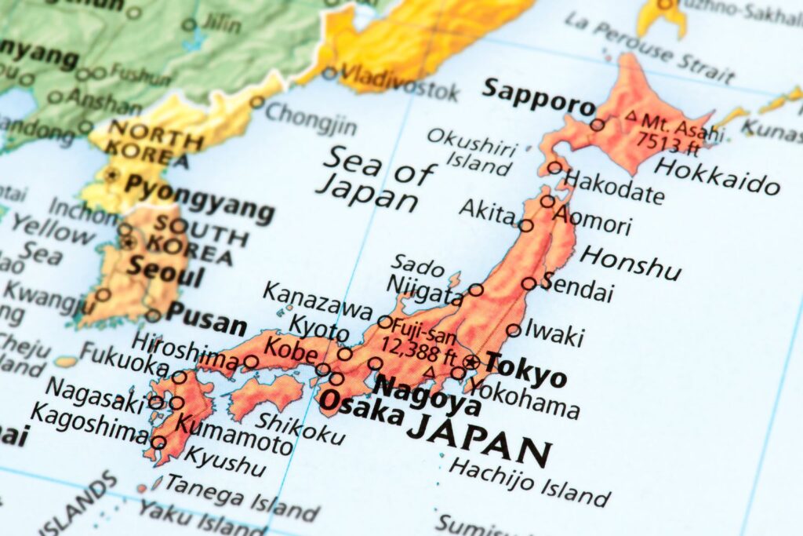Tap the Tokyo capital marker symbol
(x=471, y=362)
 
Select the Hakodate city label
(x=614, y=186)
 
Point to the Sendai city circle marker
(x=529, y=283)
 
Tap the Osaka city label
(x=362, y=407)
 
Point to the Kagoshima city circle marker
(x=159, y=443)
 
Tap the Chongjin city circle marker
(x=257, y=101)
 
